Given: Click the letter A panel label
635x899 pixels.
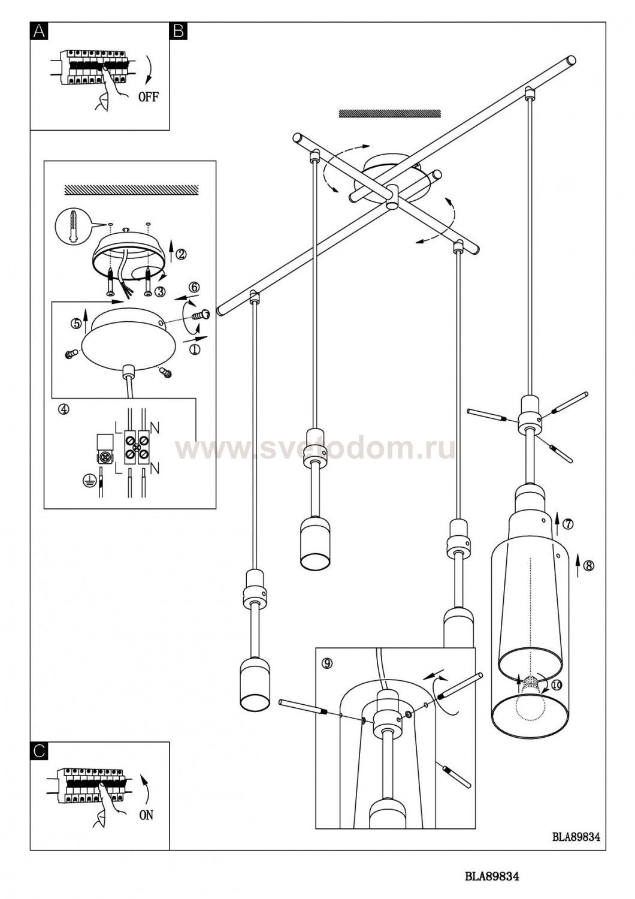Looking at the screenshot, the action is (x=40, y=31).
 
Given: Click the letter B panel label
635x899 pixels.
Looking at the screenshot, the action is (x=178, y=31).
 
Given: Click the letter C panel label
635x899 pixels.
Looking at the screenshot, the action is (x=40, y=750).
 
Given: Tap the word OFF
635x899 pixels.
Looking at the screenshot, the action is (x=149, y=96).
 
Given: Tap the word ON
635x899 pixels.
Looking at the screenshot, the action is (x=146, y=815).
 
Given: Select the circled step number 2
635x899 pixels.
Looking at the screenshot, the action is (x=182, y=254).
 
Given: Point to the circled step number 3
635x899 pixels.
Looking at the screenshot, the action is (x=160, y=291).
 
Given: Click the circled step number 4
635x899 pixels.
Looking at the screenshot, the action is (x=64, y=409).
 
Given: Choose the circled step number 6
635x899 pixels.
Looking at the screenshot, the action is (x=193, y=287).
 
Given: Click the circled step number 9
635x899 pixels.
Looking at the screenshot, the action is (x=327, y=663).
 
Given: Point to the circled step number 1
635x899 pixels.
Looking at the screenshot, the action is (x=194, y=349).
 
